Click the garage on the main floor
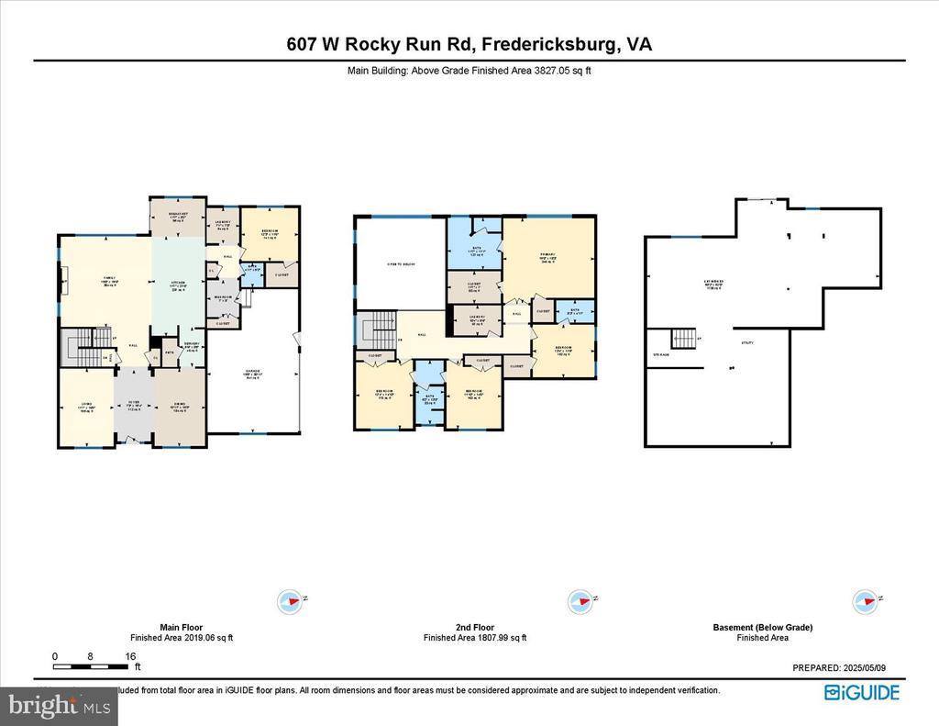point(252,376)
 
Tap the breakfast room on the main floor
point(178,218)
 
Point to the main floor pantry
point(192,348)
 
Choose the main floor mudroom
point(223,300)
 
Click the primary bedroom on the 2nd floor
point(548,259)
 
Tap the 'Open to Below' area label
point(399,265)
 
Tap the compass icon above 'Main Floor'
point(290,602)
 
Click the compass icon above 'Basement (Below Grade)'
point(864,602)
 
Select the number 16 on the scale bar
point(131,656)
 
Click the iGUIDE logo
point(861,693)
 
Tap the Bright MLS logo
point(60,706)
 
